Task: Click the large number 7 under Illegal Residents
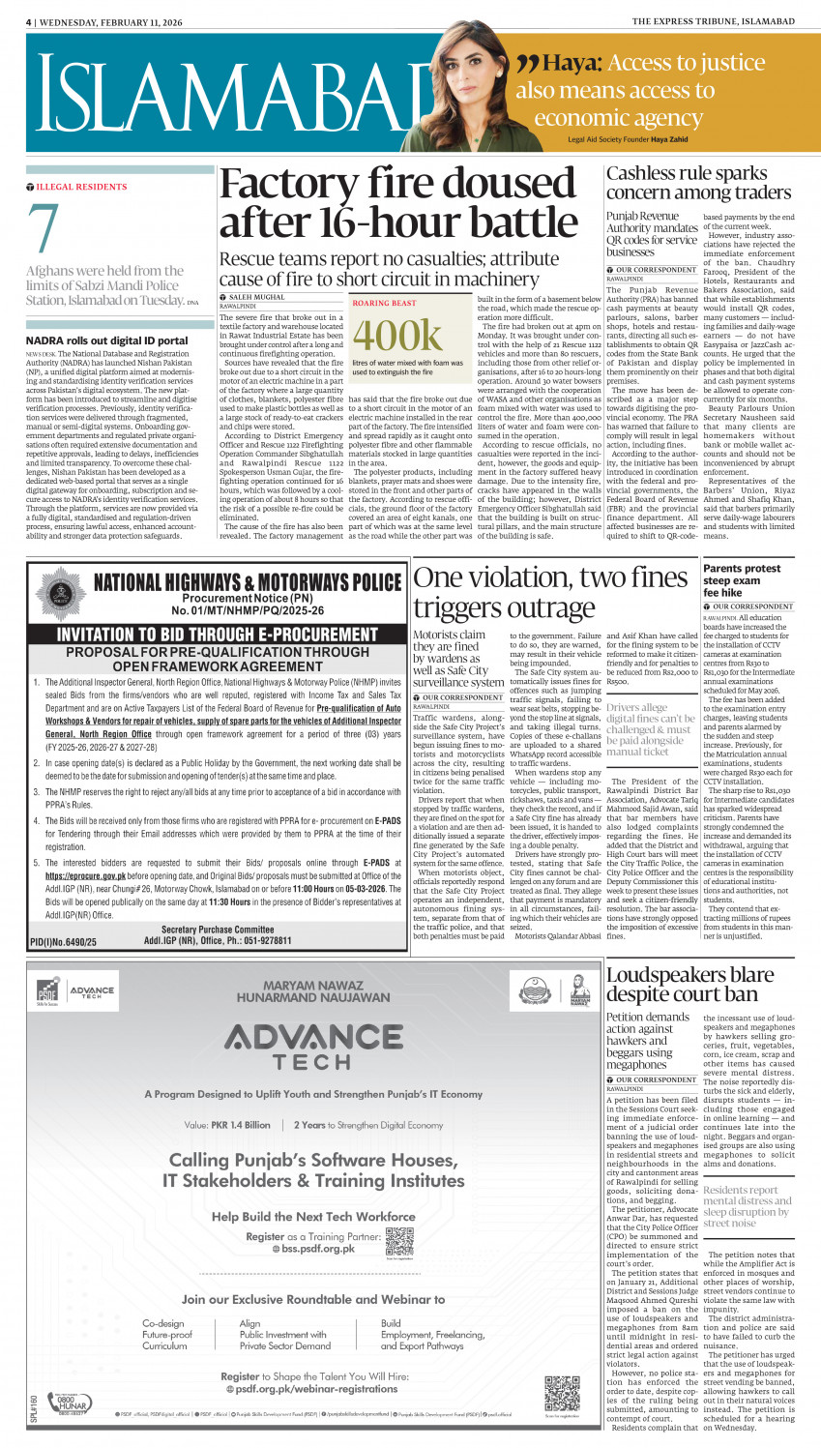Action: click(x=44, y=229)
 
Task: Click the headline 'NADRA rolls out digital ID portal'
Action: click(x=107, y=340)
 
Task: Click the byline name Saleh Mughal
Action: click(x=257, y=297)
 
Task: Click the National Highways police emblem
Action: click(x=61, y=591)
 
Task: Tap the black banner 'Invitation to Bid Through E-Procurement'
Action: click(x=218, y=635)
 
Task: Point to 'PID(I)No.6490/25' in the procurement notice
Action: click(x=63, y=941)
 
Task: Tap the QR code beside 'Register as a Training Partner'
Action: click(x=398, y=1241)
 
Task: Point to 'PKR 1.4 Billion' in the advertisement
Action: click(x=241, y=1125)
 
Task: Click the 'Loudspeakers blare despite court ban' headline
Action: click(x=689, y=984)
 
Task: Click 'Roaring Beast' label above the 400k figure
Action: click(x=384, y=303)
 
